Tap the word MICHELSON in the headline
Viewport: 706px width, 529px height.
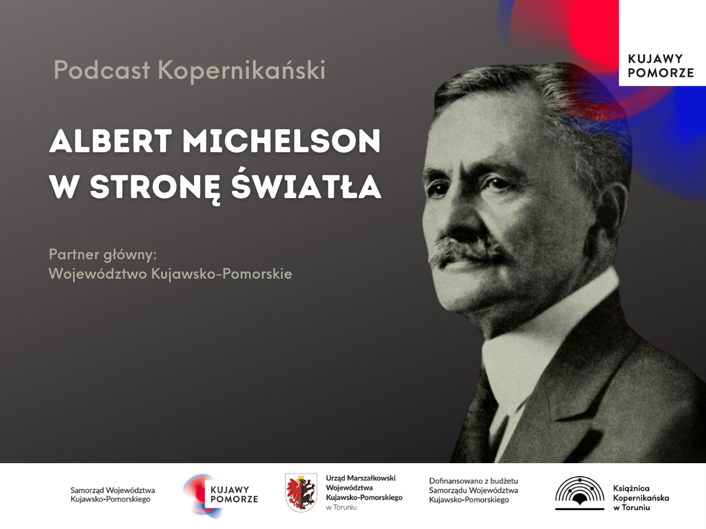[281, 140]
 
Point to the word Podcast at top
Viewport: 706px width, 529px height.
[102, 70]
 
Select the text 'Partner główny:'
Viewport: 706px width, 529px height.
[102, 255]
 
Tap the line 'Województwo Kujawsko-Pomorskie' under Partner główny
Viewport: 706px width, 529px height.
[171, 274]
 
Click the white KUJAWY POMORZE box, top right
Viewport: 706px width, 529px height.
[662, 43]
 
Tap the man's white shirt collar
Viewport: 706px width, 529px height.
[547, 334]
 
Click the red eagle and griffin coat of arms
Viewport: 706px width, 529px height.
[301, 493]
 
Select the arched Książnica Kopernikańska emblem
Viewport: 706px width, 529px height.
[580, 493]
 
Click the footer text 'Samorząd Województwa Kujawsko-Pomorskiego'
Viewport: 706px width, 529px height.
[112, 495]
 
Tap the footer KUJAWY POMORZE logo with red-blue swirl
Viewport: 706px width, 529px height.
[221, 495]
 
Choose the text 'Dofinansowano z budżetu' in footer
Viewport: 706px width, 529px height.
[474, 481]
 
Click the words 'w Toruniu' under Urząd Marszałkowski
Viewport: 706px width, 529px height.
[341, 507]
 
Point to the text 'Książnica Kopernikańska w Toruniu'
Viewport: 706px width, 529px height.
[641, 498]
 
